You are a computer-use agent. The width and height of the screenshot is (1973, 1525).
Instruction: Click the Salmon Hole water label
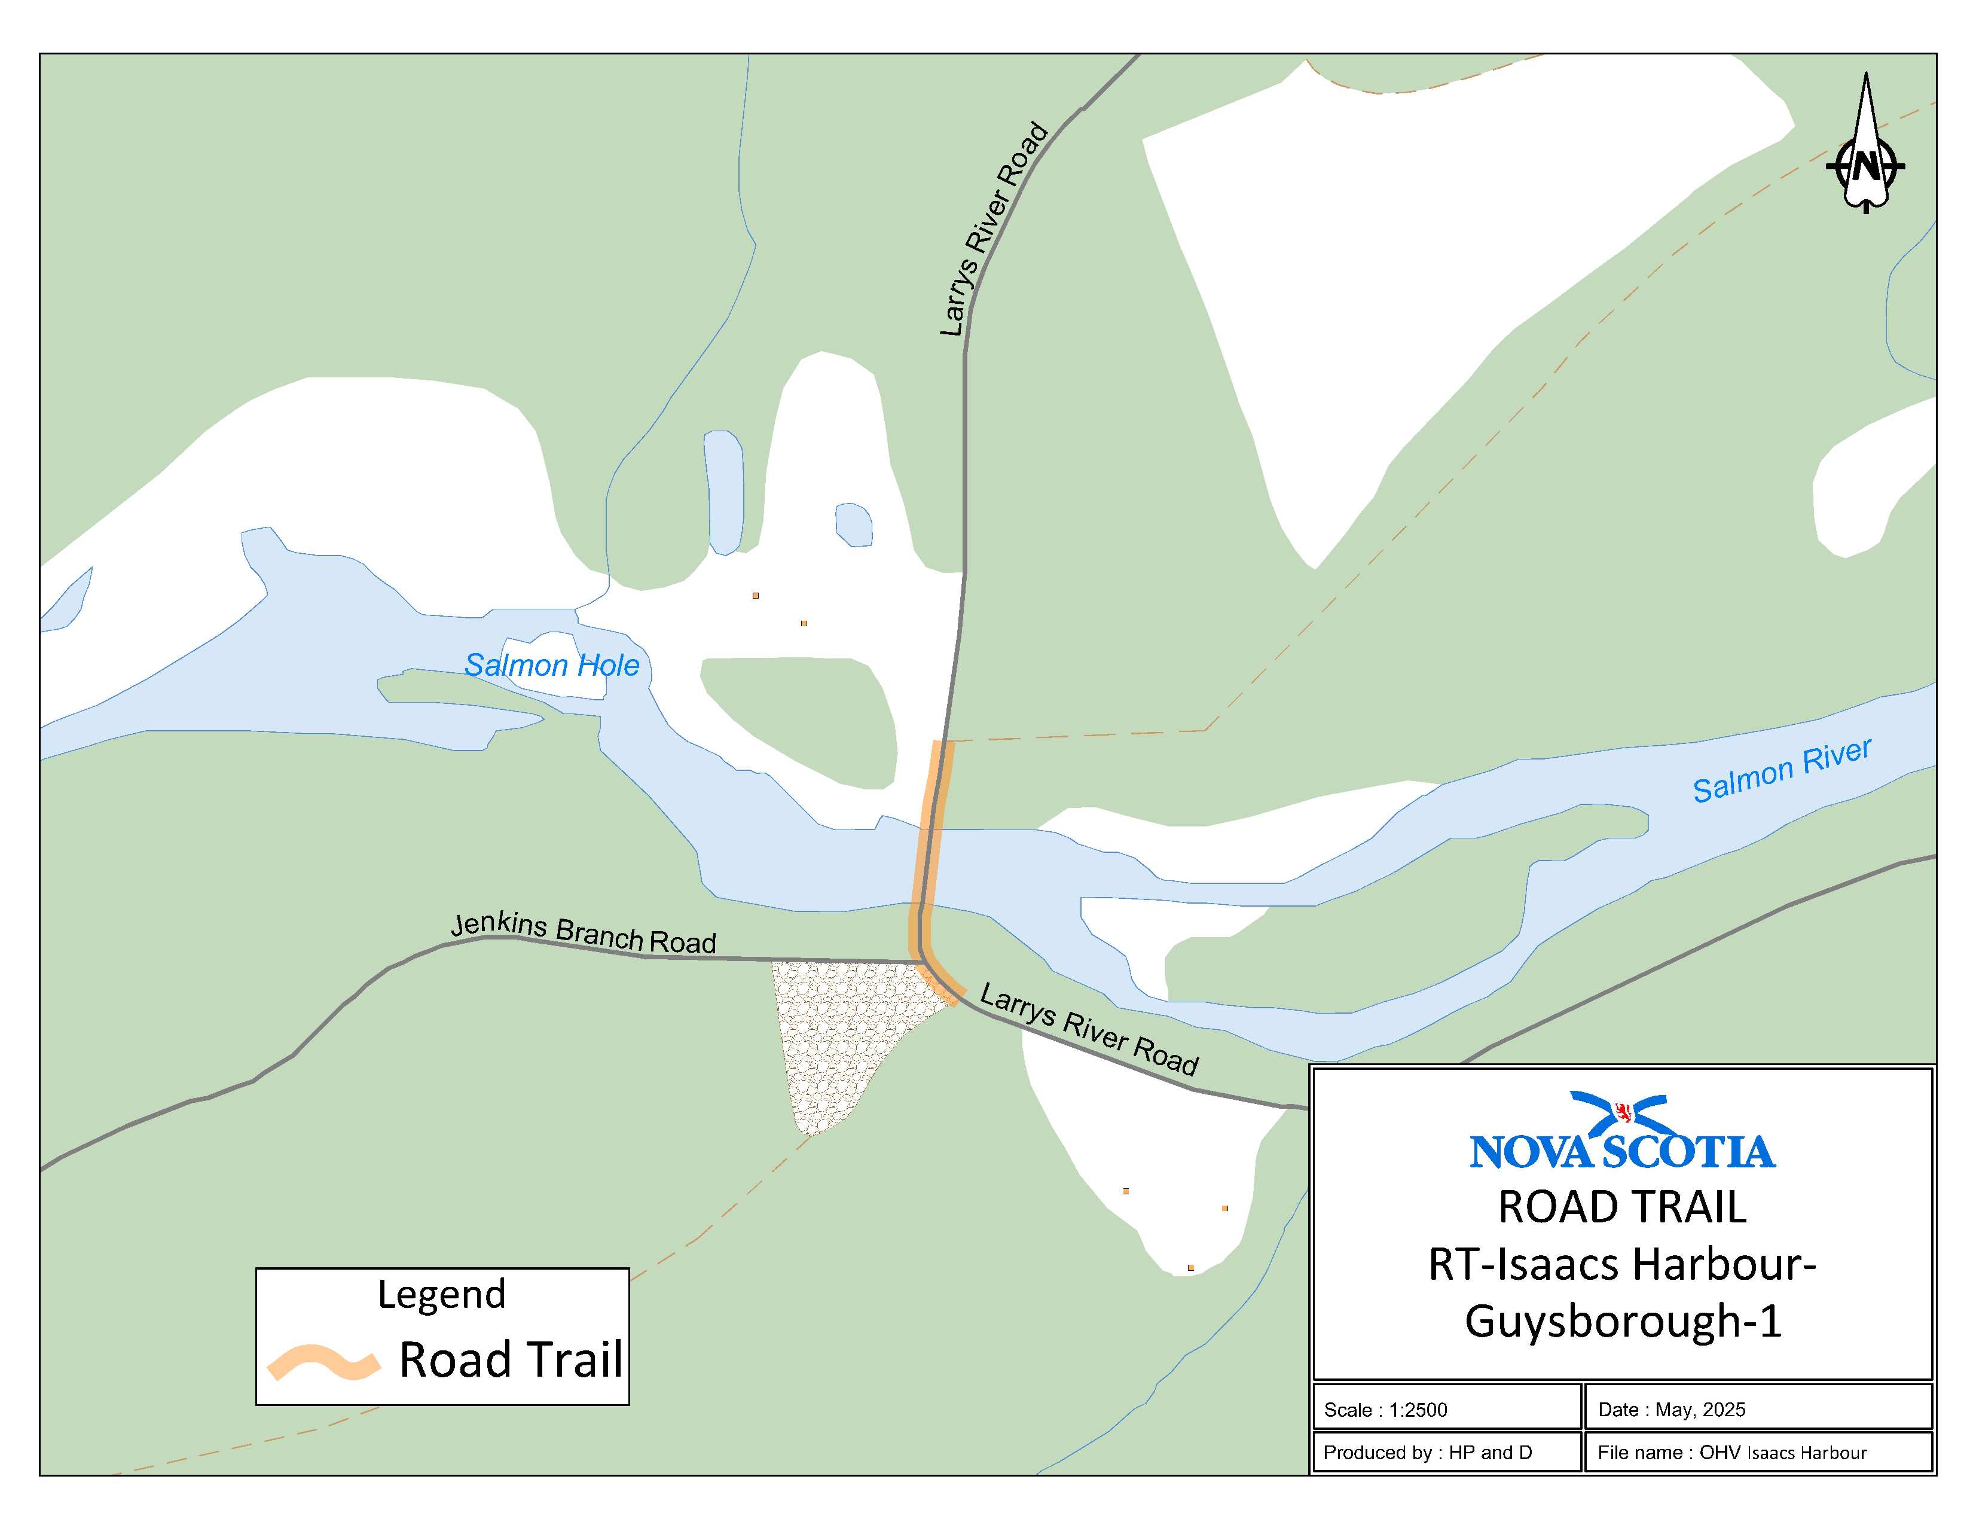(x=551, y=666)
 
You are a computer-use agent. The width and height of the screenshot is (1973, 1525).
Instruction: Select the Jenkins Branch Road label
(x=583, y=934)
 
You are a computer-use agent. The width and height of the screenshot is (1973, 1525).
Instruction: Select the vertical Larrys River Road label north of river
(x=994, y=230)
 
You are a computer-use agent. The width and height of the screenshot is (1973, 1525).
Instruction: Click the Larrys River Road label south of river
(x=1089, y=1031)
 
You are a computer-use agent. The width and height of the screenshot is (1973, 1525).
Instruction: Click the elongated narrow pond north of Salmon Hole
(x=723, y=492)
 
